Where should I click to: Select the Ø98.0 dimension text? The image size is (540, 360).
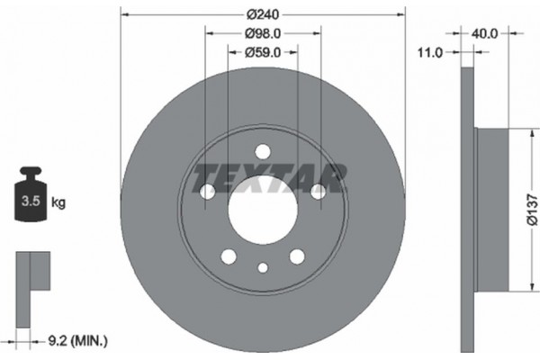pos(263,33)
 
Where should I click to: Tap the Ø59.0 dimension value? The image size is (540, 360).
pos(263,52)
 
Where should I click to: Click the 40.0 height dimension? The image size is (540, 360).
pos(485,33)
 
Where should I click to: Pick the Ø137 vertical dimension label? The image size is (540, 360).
pos(532,210)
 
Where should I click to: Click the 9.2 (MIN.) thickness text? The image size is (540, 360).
pos(77,340)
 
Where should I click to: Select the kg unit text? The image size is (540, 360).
pos(58,203)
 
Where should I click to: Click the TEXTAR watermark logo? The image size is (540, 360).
pos(270,179)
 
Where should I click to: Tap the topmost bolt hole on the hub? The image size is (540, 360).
pos(263,151)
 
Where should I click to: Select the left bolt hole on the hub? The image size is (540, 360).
pos(207,192)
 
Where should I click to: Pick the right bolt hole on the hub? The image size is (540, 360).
pos(318,191)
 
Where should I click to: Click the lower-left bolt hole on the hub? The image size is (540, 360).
pos(229,256)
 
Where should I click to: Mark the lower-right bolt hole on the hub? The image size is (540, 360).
pos(296,256)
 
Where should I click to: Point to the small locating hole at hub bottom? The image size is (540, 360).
pos(262,267)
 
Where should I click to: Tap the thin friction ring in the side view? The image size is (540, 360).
pos(466,209)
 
